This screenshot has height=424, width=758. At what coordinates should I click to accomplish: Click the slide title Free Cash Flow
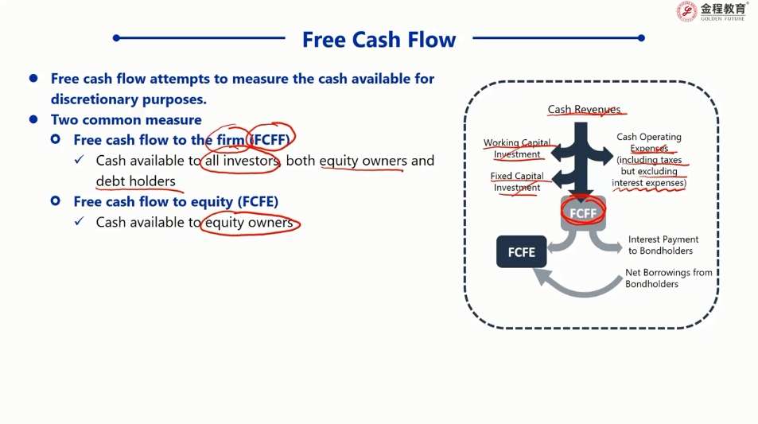coord(379,40)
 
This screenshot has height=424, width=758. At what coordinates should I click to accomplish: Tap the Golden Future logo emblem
coord(686,11)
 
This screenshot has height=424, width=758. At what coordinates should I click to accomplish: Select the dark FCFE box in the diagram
coord(522,252)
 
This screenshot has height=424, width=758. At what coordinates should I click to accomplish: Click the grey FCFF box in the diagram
coord(583,213)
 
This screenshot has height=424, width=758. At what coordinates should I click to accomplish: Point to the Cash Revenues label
coord(584,110)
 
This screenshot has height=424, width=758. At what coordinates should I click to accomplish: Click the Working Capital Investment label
coord(517,149)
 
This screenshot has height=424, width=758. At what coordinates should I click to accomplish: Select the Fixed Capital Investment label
coord(517,182)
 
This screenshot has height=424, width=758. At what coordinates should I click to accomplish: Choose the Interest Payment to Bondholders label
coord(663,245)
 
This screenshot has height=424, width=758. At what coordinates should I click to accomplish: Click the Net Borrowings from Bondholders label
coord(668,278)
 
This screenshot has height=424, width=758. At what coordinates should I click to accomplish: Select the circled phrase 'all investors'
coord(240,161)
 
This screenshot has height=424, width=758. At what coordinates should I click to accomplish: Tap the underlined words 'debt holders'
coord(135,181)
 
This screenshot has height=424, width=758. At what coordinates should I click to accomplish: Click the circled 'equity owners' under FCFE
coord(250,223)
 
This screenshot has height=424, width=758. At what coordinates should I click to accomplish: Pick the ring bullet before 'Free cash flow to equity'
coord(56,201)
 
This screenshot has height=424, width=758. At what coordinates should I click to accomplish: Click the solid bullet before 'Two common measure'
coord(33,119)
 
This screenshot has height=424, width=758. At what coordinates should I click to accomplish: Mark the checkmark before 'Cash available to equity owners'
coord(79,223)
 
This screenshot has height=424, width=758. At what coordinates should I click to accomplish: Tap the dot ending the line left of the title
coord(117,37)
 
